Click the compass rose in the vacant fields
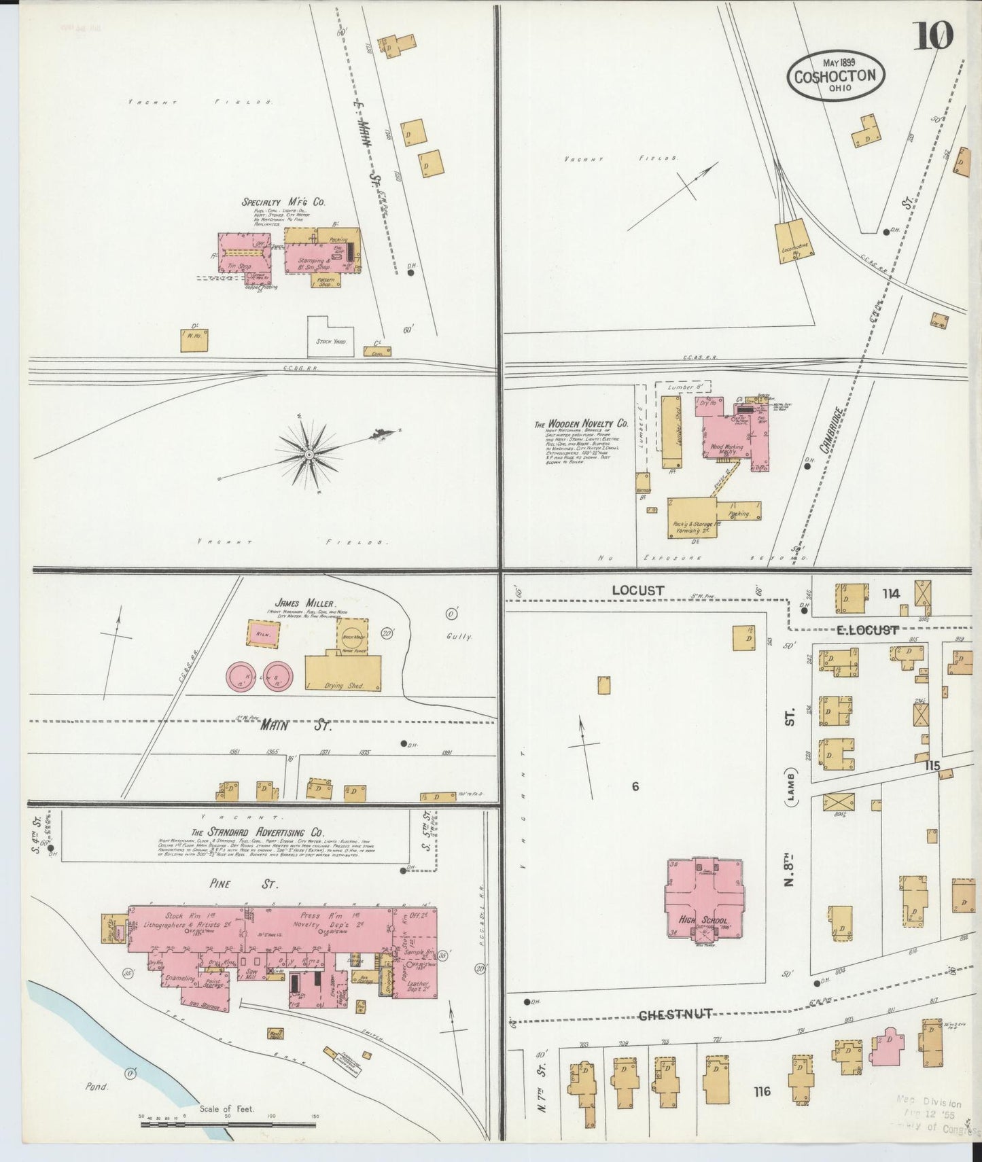309,453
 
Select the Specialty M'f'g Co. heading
283,202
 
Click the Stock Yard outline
330,336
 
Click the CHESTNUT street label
674,1015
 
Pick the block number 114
891,593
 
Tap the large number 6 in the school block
635,786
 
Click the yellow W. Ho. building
194,340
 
